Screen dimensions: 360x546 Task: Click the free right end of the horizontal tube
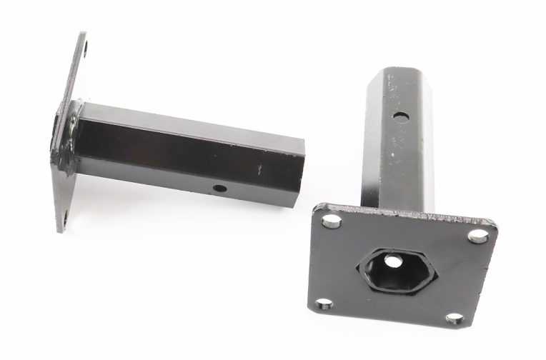(282, 156)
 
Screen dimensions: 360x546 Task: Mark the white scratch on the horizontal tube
(261, 169)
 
